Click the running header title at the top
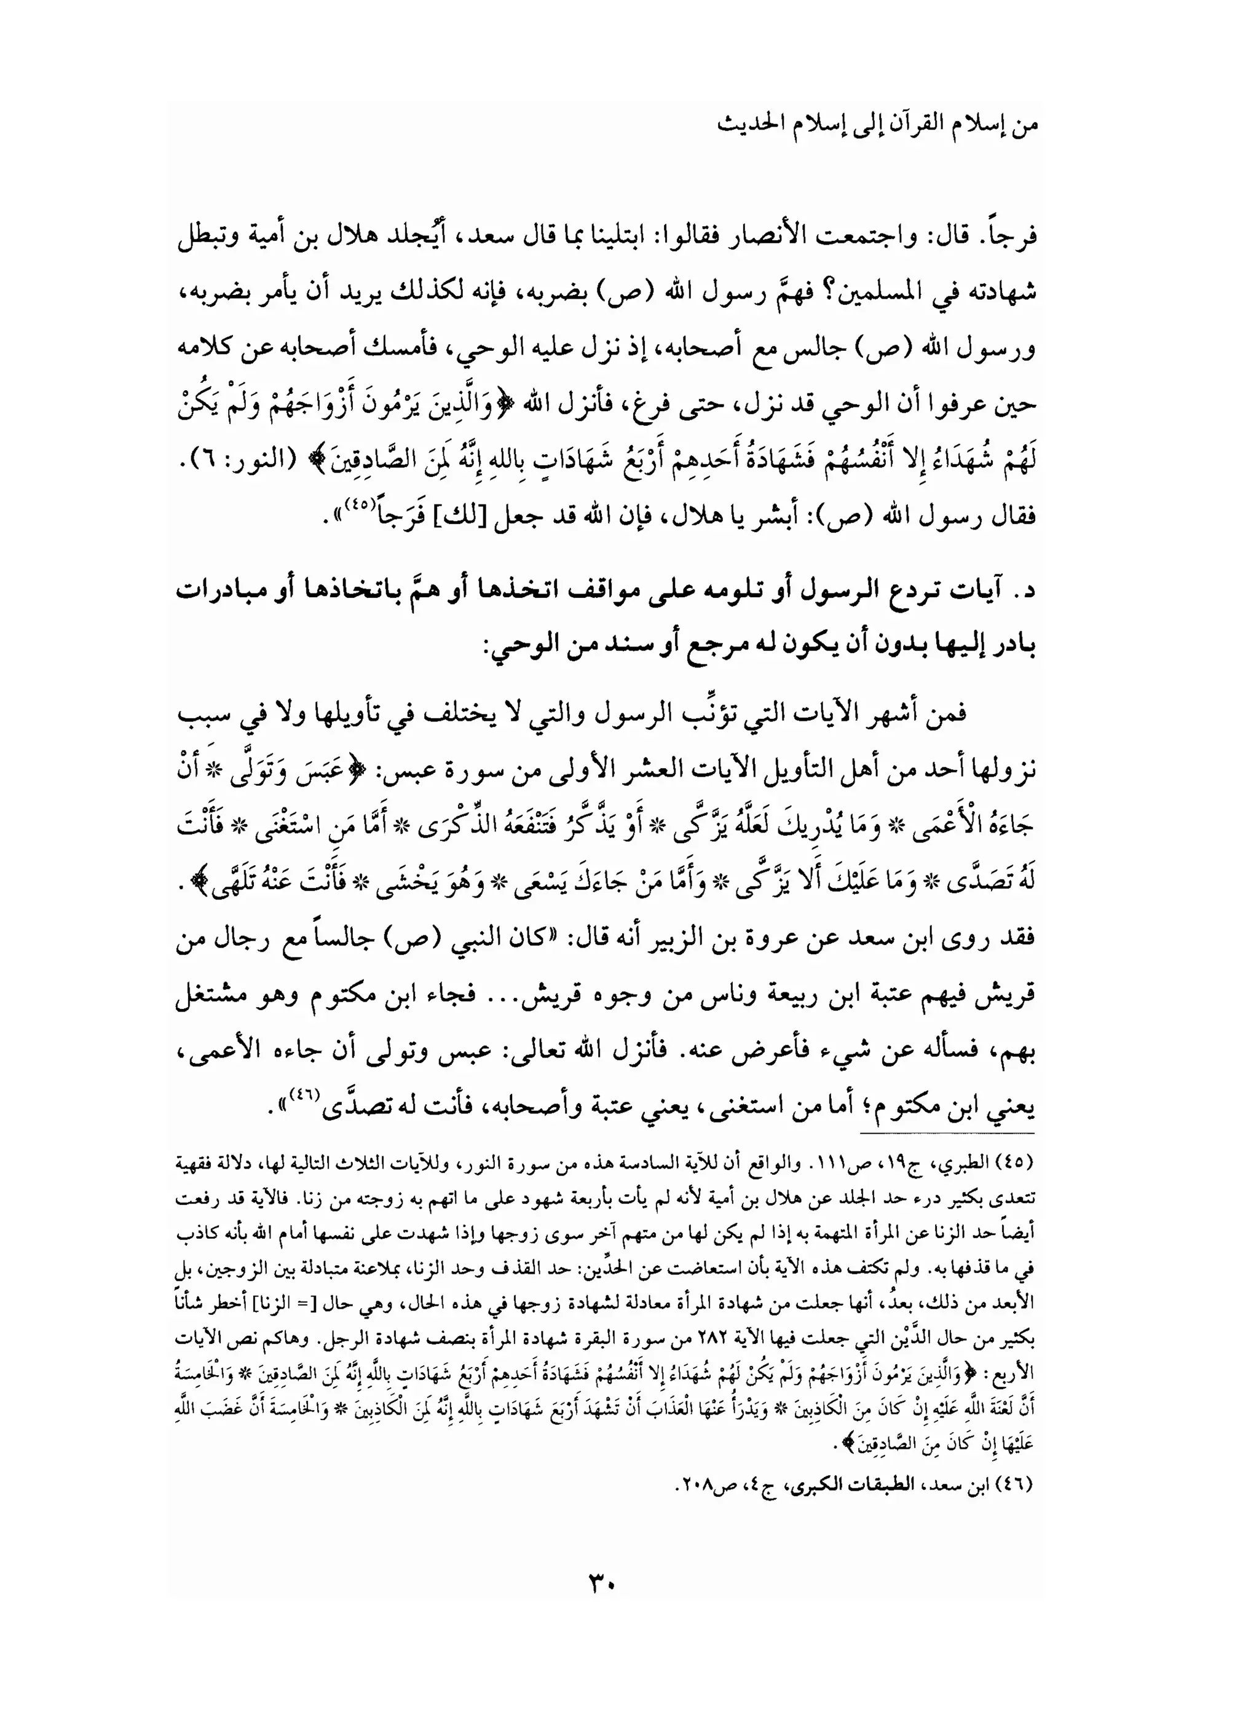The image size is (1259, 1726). tap(877, 125)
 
